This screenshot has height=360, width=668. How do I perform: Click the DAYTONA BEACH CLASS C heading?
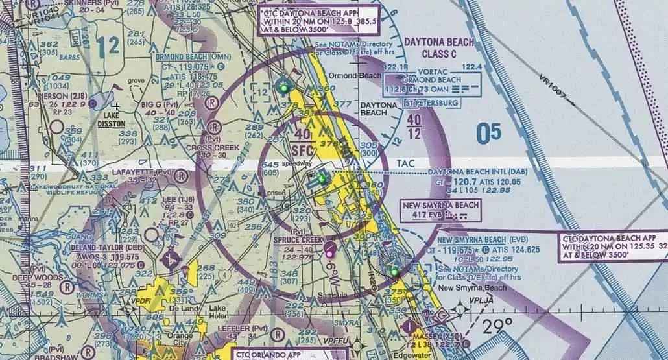(439, 48)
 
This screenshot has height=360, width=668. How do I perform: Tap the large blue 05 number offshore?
(488, 134)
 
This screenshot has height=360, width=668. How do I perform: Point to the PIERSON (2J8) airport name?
(53, 95)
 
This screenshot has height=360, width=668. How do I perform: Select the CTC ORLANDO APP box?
(267, 354)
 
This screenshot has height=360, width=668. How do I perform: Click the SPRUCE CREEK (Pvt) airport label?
(298, 239)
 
